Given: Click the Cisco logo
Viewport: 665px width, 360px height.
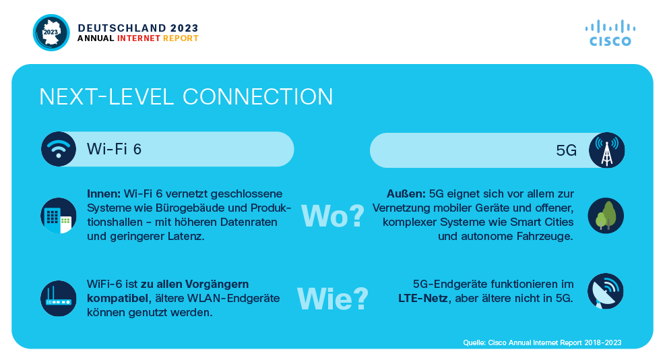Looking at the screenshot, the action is point(610,32).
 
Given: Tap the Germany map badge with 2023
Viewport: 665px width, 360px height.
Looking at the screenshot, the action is point(51,32).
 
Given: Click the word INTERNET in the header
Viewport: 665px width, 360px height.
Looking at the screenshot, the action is point(139,38).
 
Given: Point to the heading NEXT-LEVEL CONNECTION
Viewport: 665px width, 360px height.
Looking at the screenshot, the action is point(186,97).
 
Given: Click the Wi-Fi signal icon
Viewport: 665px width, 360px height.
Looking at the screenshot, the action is point(59,149).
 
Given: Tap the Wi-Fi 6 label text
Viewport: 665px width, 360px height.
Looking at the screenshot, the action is point(114,149).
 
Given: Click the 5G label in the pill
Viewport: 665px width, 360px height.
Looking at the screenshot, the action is point(566,150).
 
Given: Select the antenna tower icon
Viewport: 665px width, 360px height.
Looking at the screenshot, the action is point(606,150).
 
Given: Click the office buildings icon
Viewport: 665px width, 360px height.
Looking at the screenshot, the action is point(59,216).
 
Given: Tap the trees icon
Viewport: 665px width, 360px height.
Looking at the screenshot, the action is point(606,216).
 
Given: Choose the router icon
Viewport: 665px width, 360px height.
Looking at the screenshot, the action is point(59,298).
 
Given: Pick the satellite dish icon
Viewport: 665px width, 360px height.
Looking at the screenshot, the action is point(606,291).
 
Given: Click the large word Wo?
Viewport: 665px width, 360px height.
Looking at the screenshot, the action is point(333,216).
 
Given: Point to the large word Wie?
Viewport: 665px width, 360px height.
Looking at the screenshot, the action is point(333,299).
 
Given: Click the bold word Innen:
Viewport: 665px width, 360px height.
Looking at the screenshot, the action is point(104,194).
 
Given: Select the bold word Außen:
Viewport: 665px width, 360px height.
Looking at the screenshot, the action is point(406,194).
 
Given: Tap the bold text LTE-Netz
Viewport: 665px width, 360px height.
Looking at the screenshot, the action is point(423,299).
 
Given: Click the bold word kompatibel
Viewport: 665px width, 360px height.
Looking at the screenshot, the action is point(117,299).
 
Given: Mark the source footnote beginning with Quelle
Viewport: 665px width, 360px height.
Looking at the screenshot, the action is point(542,342).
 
